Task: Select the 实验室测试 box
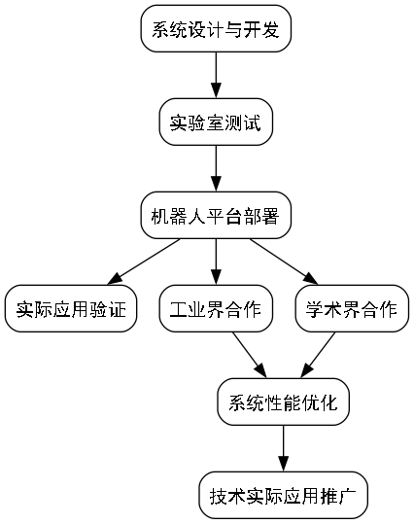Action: click(216, 122)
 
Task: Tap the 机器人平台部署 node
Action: click(216, 216)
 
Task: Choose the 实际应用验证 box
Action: click(69, 309)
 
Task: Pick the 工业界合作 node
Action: click(216, 309)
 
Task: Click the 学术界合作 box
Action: click(351, 309)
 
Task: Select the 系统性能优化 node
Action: click(283, 402)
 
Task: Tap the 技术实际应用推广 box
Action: click(283, 496)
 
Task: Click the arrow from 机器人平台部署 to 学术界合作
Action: click(283, 262)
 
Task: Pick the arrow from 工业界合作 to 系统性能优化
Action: click(249, 356)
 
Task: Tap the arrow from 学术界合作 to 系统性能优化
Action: click(317, 356)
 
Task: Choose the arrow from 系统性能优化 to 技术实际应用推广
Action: click(283, 449)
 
